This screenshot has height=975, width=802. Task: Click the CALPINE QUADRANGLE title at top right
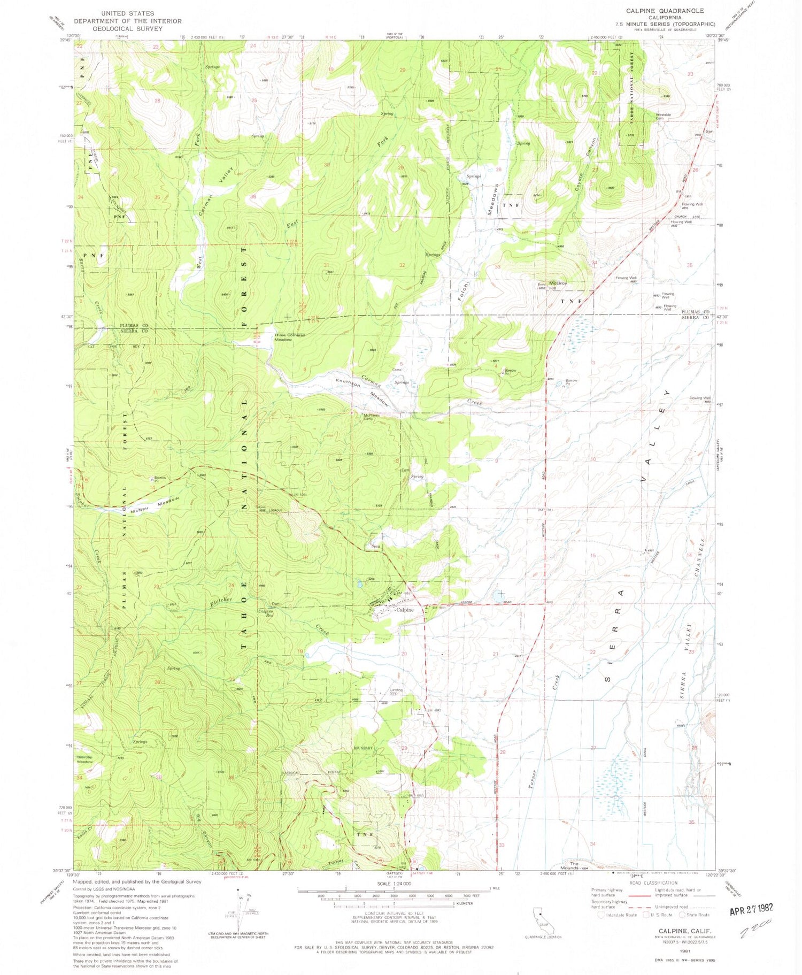[673, 11]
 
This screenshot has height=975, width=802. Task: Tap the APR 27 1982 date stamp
[751, 908]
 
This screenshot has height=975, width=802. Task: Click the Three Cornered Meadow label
[290, 337]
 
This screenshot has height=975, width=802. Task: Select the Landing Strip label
[396, 692]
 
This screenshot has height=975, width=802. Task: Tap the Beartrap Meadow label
[85, 759]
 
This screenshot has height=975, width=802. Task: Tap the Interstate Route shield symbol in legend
[601, 915]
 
